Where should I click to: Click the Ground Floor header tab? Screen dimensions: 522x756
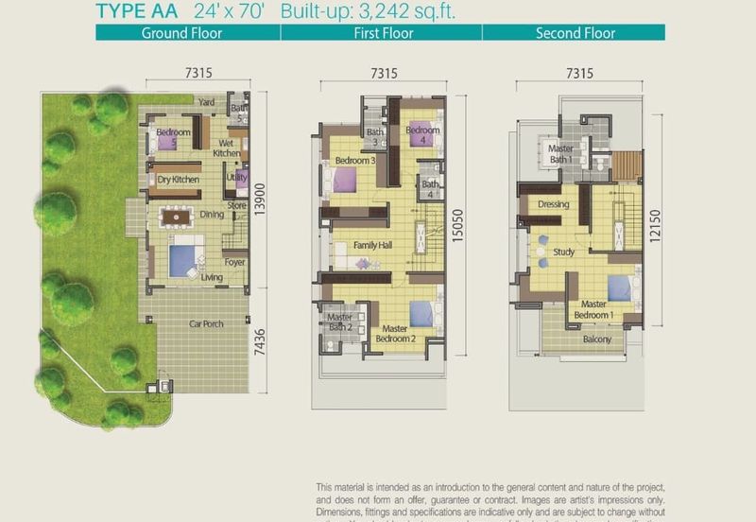tap(181, 33)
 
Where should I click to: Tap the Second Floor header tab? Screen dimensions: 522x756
tap(575, 33)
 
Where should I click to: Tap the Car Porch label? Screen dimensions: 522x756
tap(206, 324)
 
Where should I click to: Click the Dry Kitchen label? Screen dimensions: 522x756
tap(177, 179)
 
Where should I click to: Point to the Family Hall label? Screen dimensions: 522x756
tap(372, 246)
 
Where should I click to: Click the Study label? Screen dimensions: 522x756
tap(564, 252)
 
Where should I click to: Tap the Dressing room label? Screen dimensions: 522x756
tap(553, 204)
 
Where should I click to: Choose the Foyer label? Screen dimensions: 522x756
tap(234, 263)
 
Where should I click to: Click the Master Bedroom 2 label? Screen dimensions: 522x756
tap(395, 334)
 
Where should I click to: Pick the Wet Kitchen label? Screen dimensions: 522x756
tap(227, 148)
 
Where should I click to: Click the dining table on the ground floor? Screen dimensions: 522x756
tap(176, 217)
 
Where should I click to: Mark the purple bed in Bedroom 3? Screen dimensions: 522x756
tap(344, 180)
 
